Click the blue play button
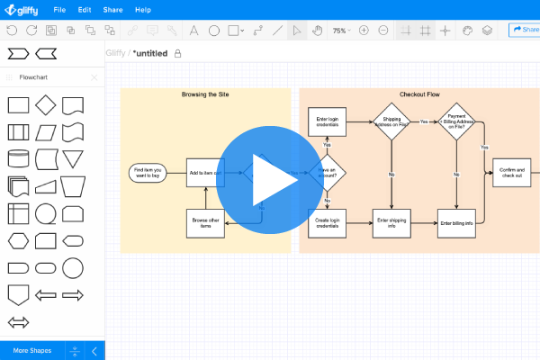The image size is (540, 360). click(x=270, y=180)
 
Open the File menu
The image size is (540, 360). click(x=59, y=10)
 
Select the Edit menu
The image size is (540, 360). click(x=85, y=10)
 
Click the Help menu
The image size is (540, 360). click(x=143, y=10)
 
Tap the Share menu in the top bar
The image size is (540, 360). click(x=113, y=10)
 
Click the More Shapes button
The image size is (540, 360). click(x=31, y=350)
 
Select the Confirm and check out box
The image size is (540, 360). click(x=511, y=174)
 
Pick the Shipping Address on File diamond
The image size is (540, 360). click(x=391, y=121)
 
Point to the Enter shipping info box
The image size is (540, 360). click(x=391, y=222)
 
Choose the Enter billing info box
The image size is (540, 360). click(x=455, y=222)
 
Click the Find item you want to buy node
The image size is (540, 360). click(x=148, y=172)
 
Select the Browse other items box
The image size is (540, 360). click(x=205, y=223)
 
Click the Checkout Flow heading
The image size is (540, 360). click(x=419, y=94)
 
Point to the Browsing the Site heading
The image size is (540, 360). click(x=205, y=94)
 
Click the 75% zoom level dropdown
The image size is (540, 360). click(x=341, y=30)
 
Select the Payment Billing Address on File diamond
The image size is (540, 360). click(x=456, y=121)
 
